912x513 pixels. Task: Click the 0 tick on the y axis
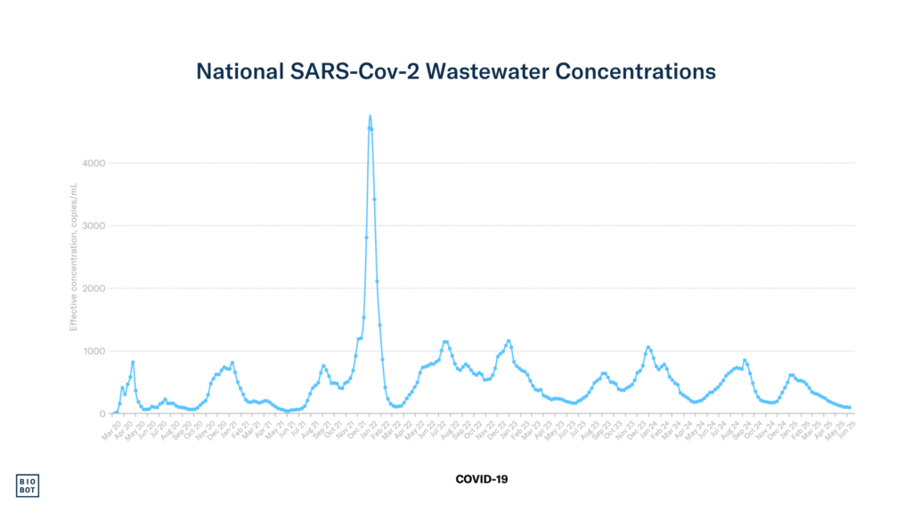[x=102, y=413]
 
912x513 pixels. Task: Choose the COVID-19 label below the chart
[x=481, y=479]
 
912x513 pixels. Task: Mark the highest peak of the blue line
[x=370, y=116]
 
